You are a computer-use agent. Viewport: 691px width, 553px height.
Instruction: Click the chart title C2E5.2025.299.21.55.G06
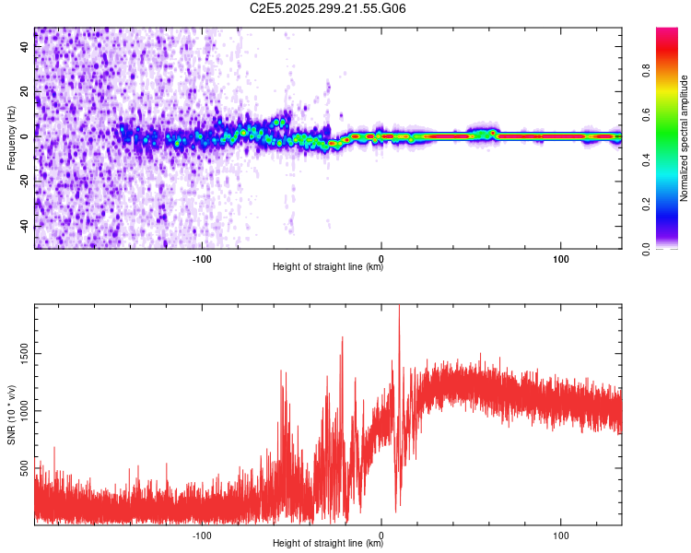[x=328, y=9]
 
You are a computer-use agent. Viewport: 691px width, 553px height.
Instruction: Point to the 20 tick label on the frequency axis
[x=25, y=91]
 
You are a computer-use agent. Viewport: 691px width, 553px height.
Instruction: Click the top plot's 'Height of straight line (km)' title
[x=328, y=267]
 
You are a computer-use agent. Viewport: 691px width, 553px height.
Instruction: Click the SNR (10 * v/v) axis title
[x=11, y=416]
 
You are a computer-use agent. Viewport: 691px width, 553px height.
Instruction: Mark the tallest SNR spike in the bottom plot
[x=399, y=309]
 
